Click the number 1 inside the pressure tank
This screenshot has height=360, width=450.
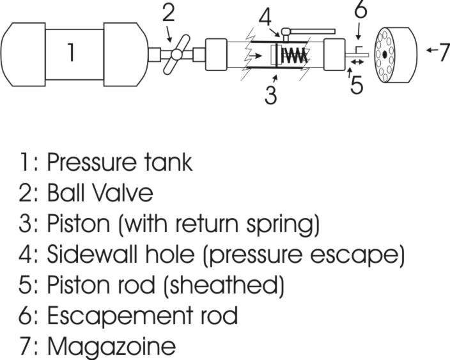coord(72,52)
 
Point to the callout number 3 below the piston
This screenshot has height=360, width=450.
coord(270,94)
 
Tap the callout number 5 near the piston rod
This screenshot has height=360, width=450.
coord(357,85)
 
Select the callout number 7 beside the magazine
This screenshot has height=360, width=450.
coord(443,52)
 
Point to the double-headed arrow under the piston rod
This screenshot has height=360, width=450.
coord(357,62)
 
